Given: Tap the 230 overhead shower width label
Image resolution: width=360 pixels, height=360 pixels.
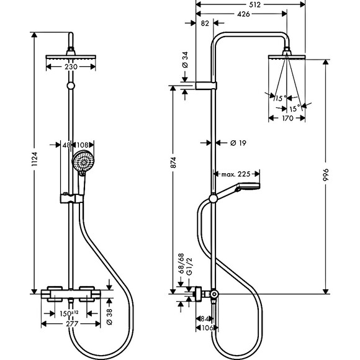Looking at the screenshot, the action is [71, 67].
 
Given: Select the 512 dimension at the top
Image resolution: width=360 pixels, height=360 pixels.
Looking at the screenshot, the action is [254, 4].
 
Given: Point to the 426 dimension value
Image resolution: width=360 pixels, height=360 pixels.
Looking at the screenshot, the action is [243, 14].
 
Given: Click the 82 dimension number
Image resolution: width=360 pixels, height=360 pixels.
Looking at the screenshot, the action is [205, 23].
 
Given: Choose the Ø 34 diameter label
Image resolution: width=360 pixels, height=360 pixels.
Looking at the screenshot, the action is [185, 60].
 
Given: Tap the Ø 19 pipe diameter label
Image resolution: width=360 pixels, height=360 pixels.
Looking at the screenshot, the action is [238, 143].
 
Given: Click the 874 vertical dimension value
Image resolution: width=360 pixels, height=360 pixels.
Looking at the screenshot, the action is [173, 163].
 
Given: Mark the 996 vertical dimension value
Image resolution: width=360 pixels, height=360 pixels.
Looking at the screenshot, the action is [326, 175].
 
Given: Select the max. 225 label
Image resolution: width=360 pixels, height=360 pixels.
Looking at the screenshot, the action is [236, 174].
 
